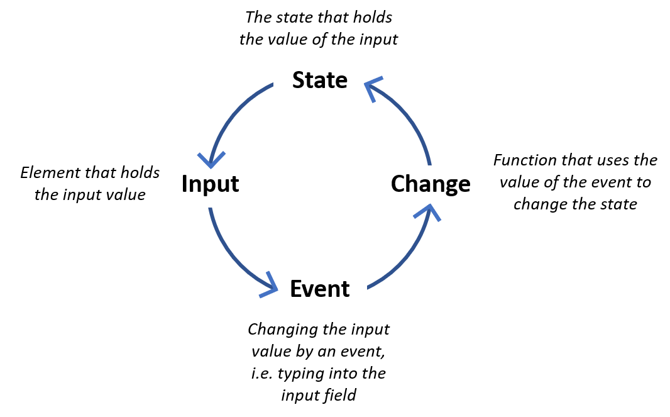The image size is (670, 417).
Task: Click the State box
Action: (320, 82)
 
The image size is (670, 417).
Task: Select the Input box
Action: (216, 186)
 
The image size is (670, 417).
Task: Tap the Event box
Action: (320, 288)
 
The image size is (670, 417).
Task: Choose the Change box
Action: (426, 186)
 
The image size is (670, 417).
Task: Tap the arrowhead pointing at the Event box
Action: (270, 287)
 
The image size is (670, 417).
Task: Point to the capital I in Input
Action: (184, 184)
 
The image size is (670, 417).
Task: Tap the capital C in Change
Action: (398, 184)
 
